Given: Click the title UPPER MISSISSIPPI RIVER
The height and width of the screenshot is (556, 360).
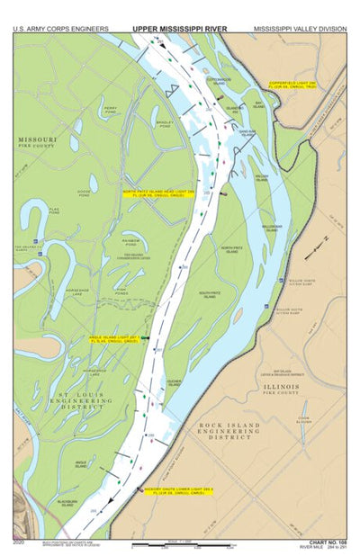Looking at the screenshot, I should (x=180, y=29).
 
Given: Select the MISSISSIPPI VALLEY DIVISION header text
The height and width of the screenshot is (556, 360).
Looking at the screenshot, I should (x=300, y=29).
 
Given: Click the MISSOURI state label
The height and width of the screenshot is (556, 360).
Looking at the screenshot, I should (x=37, y=140).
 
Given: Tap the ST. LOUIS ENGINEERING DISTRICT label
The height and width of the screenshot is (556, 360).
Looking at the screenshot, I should (x=81, y=399).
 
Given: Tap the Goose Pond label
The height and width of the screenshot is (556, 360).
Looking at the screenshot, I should (x=84, y=193).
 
